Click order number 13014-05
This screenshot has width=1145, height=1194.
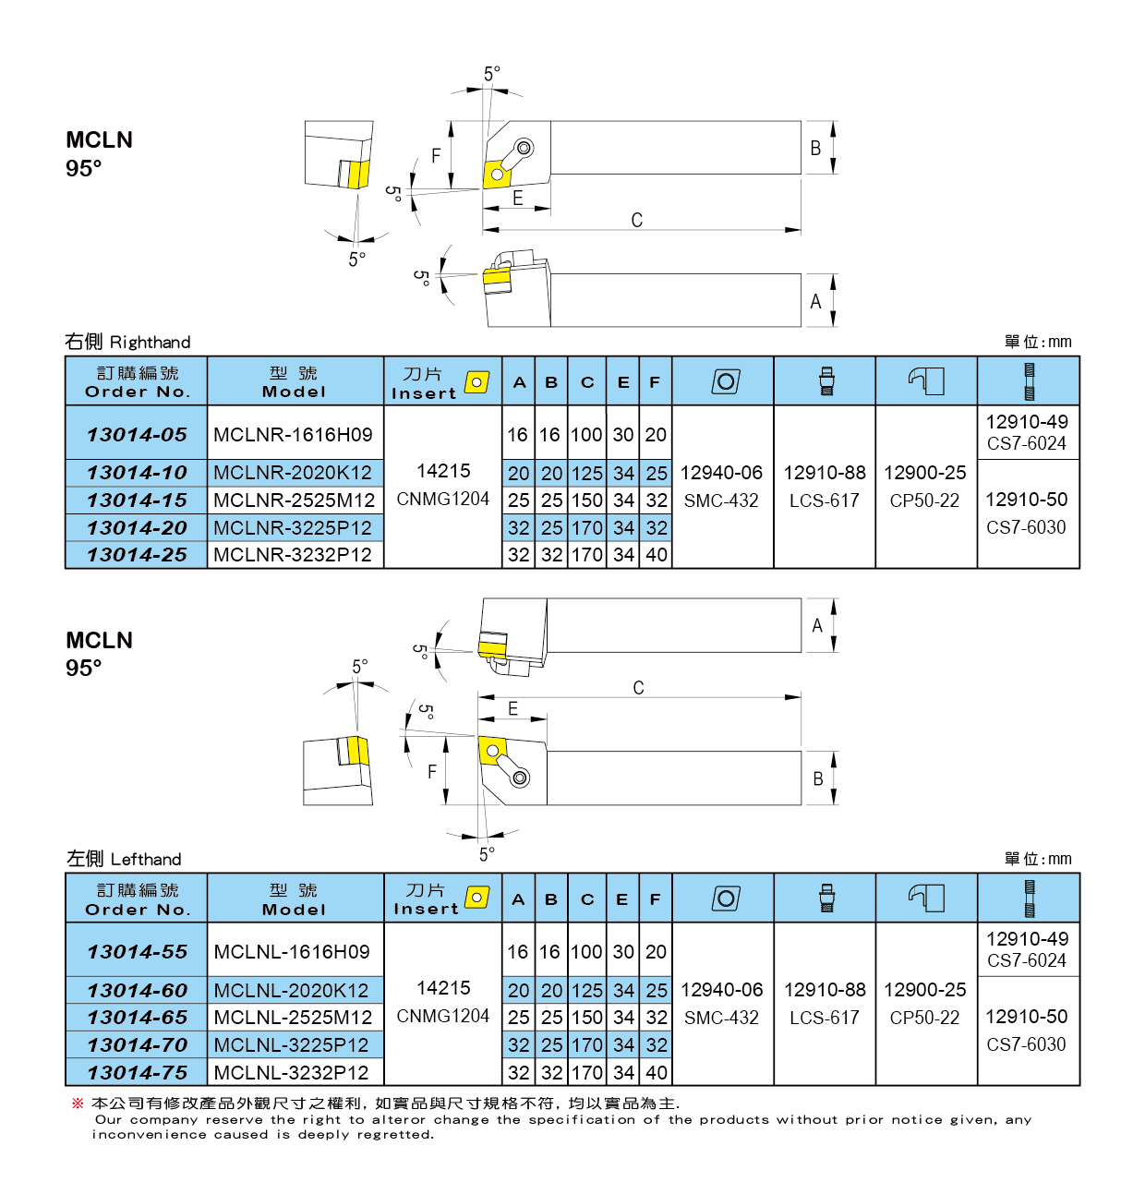137,434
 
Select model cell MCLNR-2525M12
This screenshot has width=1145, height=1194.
294,501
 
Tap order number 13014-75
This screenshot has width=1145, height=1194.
137,1072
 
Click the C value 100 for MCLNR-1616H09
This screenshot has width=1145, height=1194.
586,435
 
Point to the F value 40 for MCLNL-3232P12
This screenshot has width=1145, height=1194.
657,1073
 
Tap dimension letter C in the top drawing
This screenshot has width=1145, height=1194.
636,220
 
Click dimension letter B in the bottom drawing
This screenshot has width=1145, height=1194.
817,779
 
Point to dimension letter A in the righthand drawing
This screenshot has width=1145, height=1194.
815,302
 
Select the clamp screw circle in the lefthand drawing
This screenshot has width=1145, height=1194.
521,778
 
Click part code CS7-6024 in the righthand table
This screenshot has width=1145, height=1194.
1026,443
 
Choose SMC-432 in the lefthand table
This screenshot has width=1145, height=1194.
721,1018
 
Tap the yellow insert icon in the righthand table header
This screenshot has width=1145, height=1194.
477,381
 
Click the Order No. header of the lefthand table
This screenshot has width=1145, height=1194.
138,910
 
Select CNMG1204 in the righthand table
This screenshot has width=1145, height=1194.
442,499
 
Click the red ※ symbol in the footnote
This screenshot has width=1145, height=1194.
78,1104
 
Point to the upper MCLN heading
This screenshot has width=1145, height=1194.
99,140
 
